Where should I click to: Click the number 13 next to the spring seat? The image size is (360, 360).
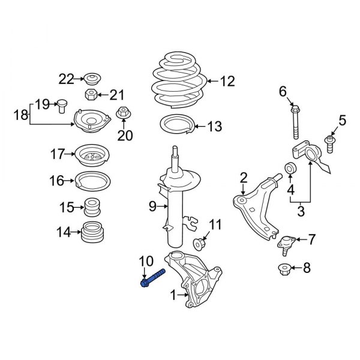[x=214, y=127]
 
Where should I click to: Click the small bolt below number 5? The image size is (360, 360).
[x=330, y=143]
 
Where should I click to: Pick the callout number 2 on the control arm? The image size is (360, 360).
[x=244, y=177]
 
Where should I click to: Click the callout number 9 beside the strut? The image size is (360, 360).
[x=152, y=206]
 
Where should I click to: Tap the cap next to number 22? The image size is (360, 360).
[x=92, y=78]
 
